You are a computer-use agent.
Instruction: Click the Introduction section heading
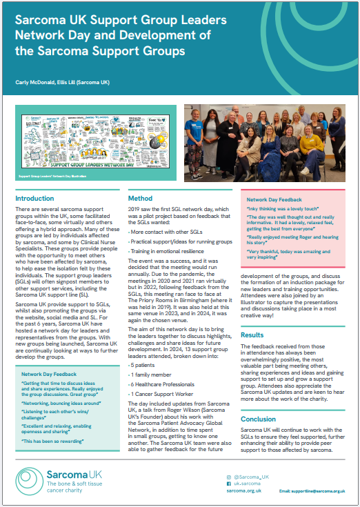coord(34,199)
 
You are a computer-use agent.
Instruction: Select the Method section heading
coord(140,199)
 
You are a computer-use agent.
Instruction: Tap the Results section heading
coord(252,335)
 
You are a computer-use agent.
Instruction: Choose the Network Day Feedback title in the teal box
coord(48,373)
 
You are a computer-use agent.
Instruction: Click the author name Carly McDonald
coord(34,83)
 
